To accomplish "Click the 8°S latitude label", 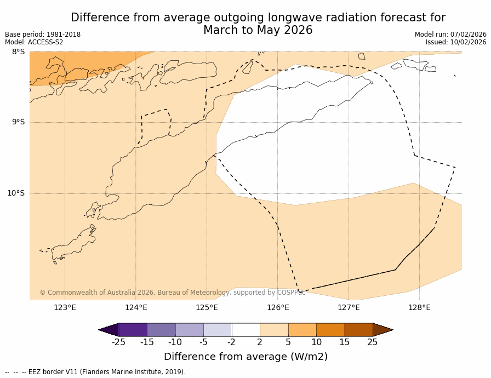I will point(18,52).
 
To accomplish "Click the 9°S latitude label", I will point(18,122).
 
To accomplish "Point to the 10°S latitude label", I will point(16,193).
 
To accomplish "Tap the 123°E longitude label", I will point(65,307).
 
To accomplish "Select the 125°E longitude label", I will point(207,307).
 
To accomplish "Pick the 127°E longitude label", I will point(349,307).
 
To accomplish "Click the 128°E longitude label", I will point(419,307).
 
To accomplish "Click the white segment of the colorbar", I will point(245,330).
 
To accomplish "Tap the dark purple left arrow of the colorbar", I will point(109,330).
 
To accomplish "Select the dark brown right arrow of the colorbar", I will point(382,330).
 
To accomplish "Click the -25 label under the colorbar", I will point(118,342).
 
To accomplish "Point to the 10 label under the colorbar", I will point(316,342).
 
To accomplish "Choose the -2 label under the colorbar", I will point(231,342).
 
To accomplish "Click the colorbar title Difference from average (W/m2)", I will point(245,357).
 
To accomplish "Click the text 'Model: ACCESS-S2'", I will point(34,42).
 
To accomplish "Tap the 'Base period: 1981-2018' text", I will point(43,35).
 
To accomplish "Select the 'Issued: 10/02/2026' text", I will point(456,42).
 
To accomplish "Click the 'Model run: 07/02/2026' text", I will point(450,35).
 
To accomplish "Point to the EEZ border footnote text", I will point(95,372).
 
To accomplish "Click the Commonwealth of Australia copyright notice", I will point(172,293).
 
